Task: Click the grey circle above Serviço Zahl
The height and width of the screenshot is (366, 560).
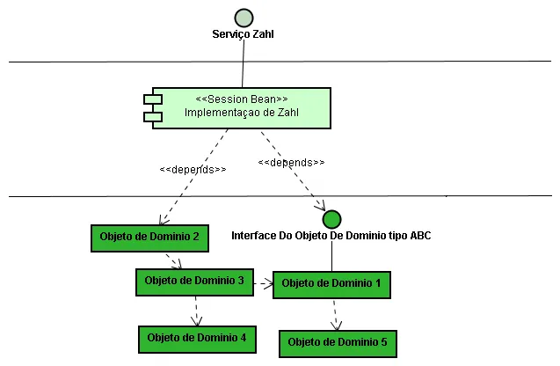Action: tap(244, 18)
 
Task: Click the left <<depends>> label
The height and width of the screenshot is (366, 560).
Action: tap(193, 169)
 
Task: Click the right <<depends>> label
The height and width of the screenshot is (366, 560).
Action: tap(292, 163)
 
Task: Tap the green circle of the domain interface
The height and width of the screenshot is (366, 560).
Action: tap(331, 219)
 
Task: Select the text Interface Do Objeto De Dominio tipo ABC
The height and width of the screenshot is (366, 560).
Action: tap(331, 236)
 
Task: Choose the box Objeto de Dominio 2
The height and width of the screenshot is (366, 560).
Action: tap(150, 237)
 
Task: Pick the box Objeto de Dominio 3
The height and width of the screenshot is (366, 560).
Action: tap(193, 282)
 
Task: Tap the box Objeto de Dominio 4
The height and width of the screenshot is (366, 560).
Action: tap(197, 338)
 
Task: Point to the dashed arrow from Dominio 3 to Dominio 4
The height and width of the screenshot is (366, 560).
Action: tap(196, 310)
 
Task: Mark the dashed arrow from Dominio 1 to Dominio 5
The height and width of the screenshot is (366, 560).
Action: tap(335, 313)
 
